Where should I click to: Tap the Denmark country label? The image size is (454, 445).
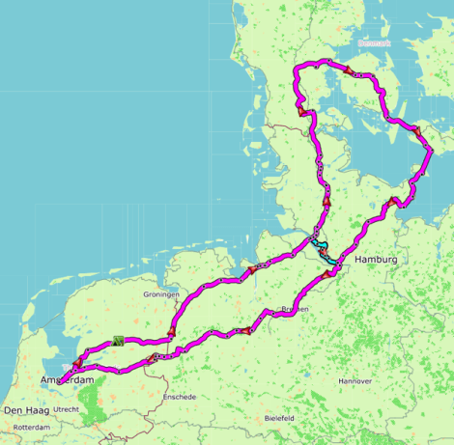[x=374, y=42]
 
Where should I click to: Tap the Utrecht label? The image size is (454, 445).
[x=67, y=409]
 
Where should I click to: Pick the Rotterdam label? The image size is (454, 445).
[x=31, y=427]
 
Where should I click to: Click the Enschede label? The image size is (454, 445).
[x=179, y=397]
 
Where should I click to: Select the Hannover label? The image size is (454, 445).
[x=355, y=381]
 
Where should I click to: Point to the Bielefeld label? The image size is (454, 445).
[x=280, y=418]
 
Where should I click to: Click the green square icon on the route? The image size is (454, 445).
[x=118, y=340]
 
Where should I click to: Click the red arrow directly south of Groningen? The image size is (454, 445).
[x=171, y=331]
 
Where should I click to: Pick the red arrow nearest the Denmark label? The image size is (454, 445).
[x=348, y=70]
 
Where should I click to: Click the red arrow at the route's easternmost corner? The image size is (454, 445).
[x=416, y=130]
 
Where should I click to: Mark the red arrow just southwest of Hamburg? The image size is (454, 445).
[x=328, y=273]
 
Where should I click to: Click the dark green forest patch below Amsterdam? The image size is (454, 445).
[x=94, y=405]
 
